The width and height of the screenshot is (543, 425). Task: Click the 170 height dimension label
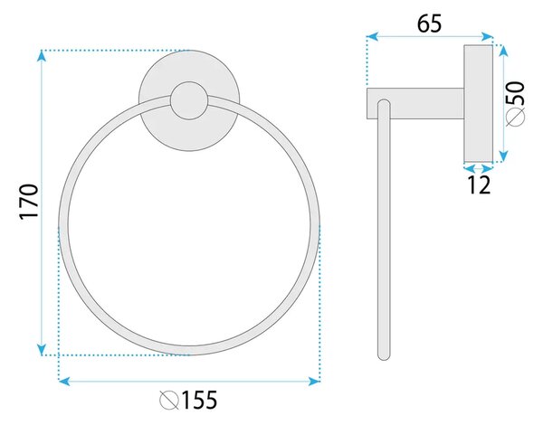(x=28, y=202)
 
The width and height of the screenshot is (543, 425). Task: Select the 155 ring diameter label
(x=199, y=400)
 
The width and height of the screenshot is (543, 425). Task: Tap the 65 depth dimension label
(x=429, y=24)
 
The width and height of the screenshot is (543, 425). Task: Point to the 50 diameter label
(x=515, y=93)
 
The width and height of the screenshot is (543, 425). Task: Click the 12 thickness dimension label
(x=479, y=184)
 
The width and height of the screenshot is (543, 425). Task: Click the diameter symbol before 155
(x=169, y=401)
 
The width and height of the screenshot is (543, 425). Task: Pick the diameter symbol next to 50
(x=515, y=117)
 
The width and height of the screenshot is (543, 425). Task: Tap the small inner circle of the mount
(x=189, y=100)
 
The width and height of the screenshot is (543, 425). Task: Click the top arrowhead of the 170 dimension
(x=42, y=55)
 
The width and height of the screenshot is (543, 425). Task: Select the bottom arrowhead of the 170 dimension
(x=42, y=350)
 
